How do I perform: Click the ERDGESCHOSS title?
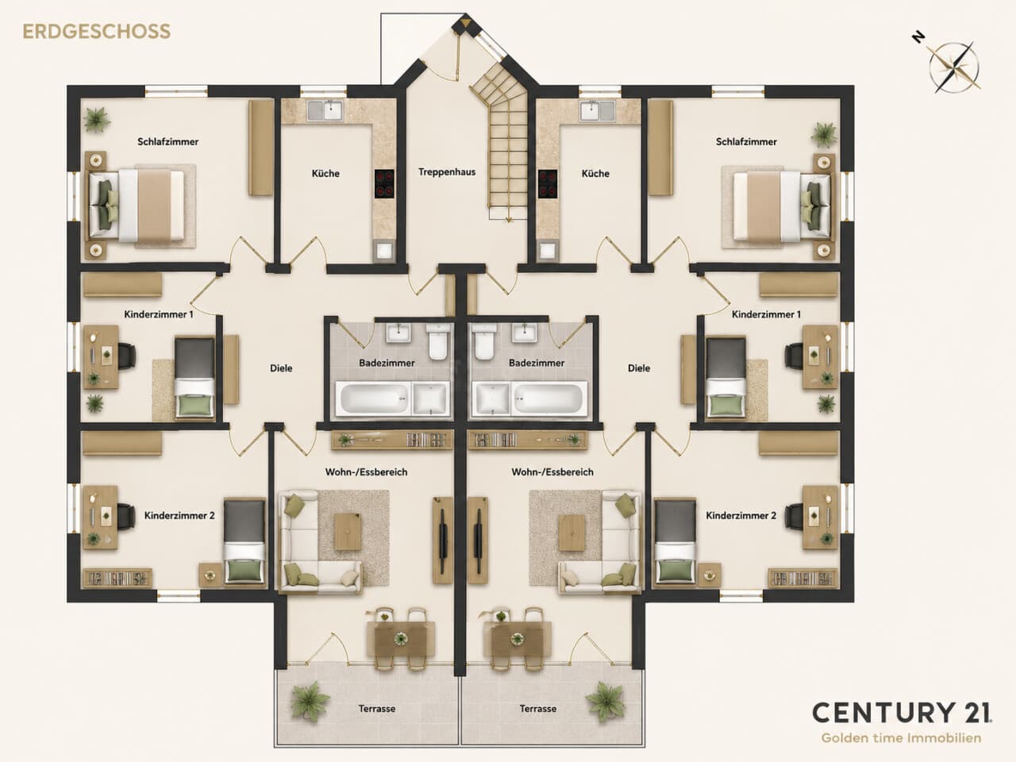tap(96, 32)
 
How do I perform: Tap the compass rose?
tap(953, 68)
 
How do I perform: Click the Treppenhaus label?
tap(447, 172)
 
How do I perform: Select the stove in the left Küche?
tap(384, 183)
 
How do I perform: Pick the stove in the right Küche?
tap(548, 183)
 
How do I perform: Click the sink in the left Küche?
tap(325, 111)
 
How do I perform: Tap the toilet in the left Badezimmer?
tap(437, 341)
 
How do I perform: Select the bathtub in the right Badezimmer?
tap(548, 398)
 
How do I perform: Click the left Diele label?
tap(281, 368)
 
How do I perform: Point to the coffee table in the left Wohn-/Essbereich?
tap(348, 532)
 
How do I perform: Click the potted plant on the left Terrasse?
tap(310, 702)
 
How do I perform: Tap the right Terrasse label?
tap(538, 708)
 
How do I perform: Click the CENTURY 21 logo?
tap(902, 713)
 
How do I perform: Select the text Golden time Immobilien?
tap(901, 738)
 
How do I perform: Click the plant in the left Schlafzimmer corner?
tap(97, 120)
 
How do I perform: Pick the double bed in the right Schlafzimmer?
tap(779, 206)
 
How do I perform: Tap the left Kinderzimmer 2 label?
tap(179, 515)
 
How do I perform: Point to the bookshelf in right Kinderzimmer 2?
tap(803, 579)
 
